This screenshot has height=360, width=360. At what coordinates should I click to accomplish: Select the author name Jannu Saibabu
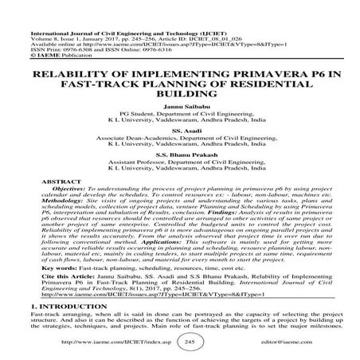(x=179, y=106)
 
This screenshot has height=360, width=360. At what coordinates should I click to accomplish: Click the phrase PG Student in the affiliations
(x=135, y=113)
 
